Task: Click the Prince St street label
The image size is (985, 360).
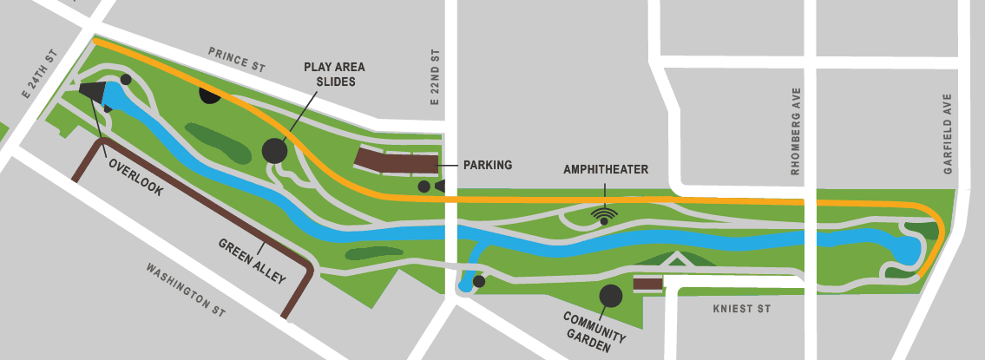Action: click(236, 60)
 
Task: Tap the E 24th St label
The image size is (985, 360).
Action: click(38, 75)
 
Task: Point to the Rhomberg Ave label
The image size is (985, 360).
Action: click(795, 131)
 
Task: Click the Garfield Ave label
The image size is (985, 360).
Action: click(949, 134)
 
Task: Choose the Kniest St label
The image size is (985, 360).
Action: click(741, 309)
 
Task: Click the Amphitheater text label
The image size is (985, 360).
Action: click(606, 169)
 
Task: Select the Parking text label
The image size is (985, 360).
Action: click(488, 165)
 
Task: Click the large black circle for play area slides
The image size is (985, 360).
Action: click(274, 150)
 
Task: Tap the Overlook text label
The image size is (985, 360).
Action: click(135, 176)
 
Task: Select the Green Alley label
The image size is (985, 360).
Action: click(252, 260)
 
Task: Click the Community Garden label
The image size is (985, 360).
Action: click(589, 330)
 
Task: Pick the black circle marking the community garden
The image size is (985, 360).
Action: click(611, 296)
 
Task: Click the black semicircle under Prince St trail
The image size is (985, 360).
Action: click(211, 94)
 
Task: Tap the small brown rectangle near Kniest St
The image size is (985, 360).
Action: click(648, 284)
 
